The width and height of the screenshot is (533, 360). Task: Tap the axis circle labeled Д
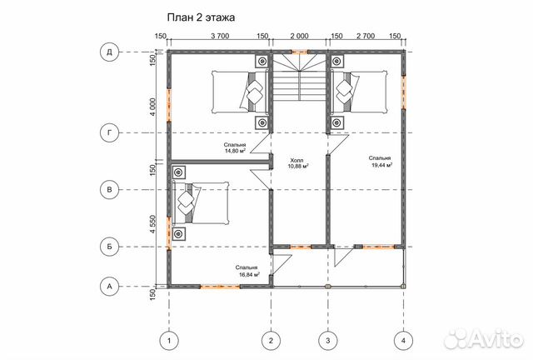point(109,52)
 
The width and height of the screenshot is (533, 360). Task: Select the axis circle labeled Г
point(109,132)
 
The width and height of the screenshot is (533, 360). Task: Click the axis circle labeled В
point(109,189)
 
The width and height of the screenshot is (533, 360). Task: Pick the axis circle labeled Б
point(109,247)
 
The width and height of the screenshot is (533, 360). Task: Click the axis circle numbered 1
point(169,339)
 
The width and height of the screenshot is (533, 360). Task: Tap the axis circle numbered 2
point(271,339)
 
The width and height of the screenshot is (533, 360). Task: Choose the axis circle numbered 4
point(403,339)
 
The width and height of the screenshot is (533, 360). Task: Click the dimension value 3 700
point(220,37)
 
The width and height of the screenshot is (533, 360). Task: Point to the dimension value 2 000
point(299,37)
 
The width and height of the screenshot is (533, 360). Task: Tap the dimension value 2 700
point(365,37)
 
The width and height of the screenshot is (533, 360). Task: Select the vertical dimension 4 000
point(153,106)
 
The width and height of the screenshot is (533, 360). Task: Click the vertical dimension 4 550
point(153,225)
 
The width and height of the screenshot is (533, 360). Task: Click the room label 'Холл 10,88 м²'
point(298,163)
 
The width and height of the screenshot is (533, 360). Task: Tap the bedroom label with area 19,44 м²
point(381,162)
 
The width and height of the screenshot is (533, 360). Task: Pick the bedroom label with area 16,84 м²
point(246,271)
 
